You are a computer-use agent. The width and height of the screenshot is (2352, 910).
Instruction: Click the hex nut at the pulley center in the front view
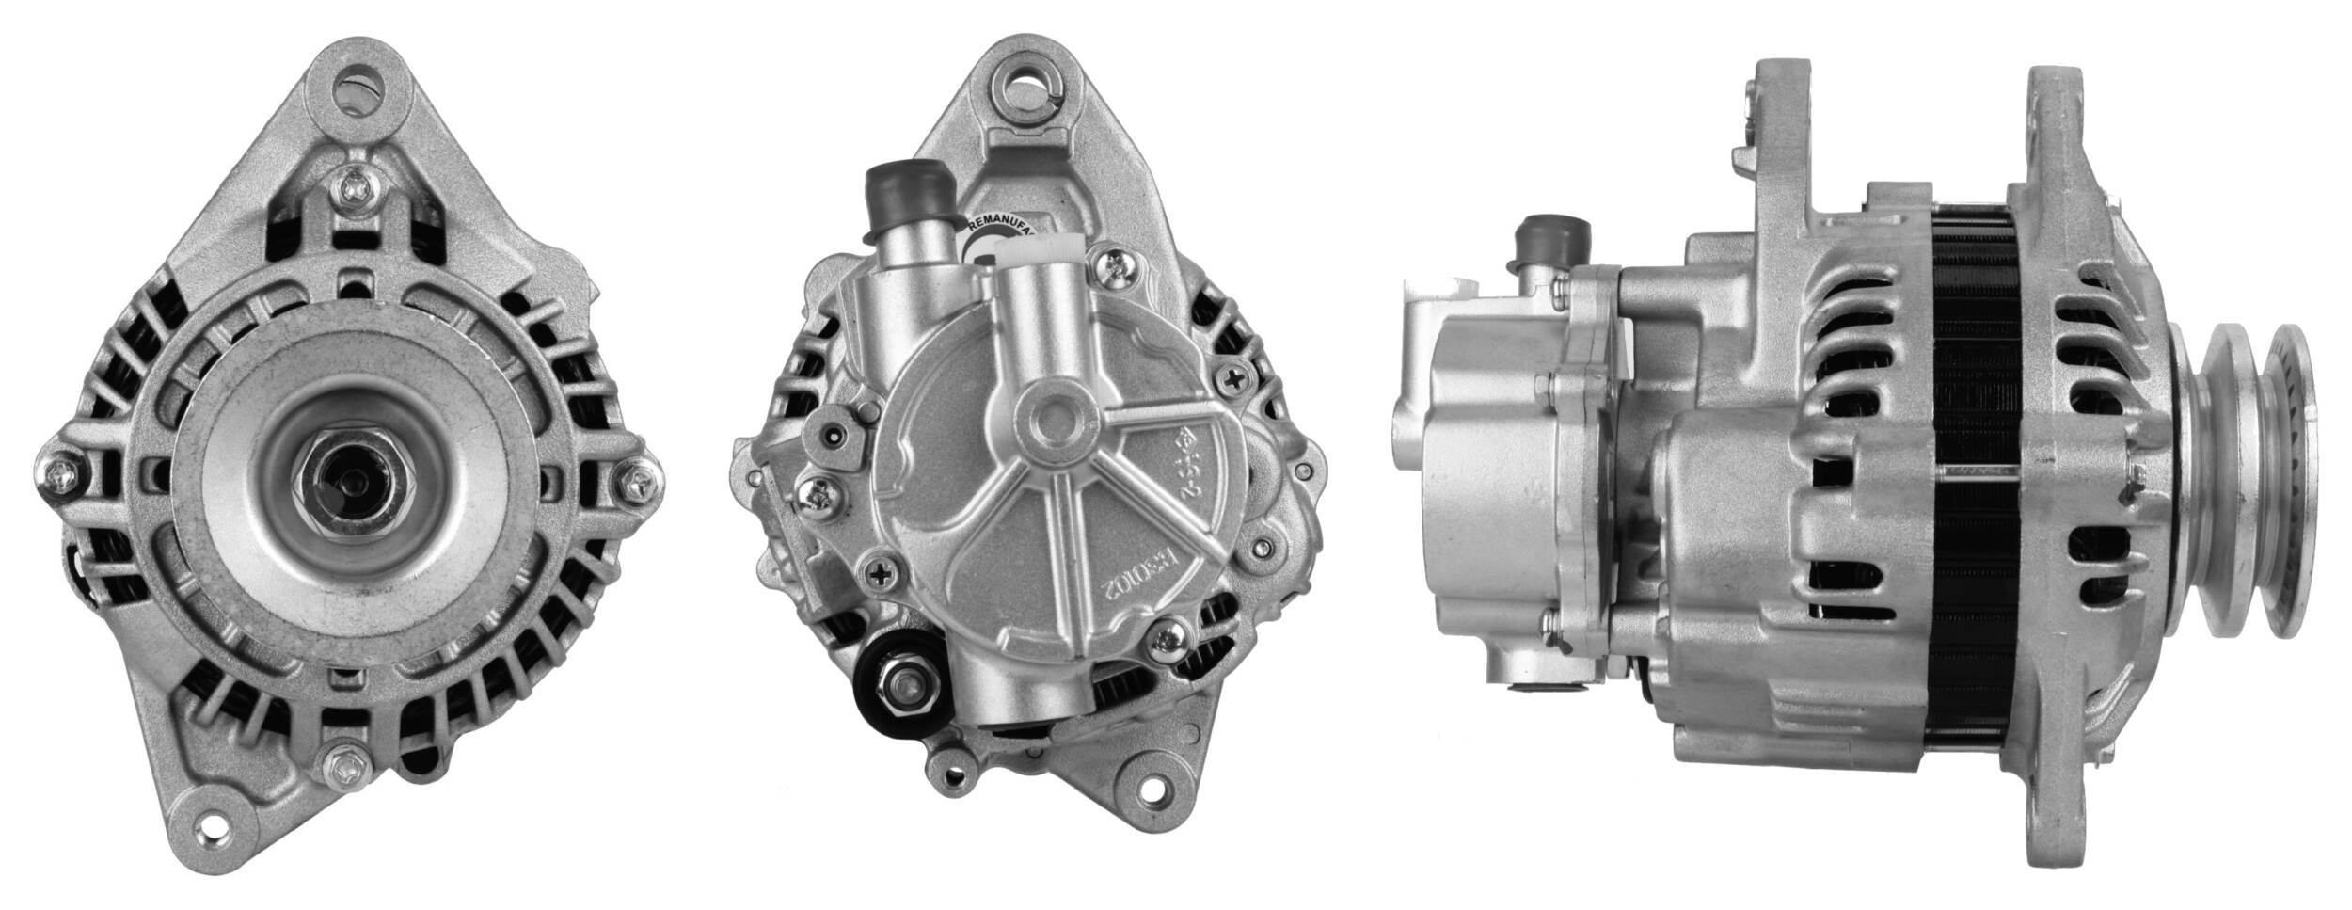coord(359,481)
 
